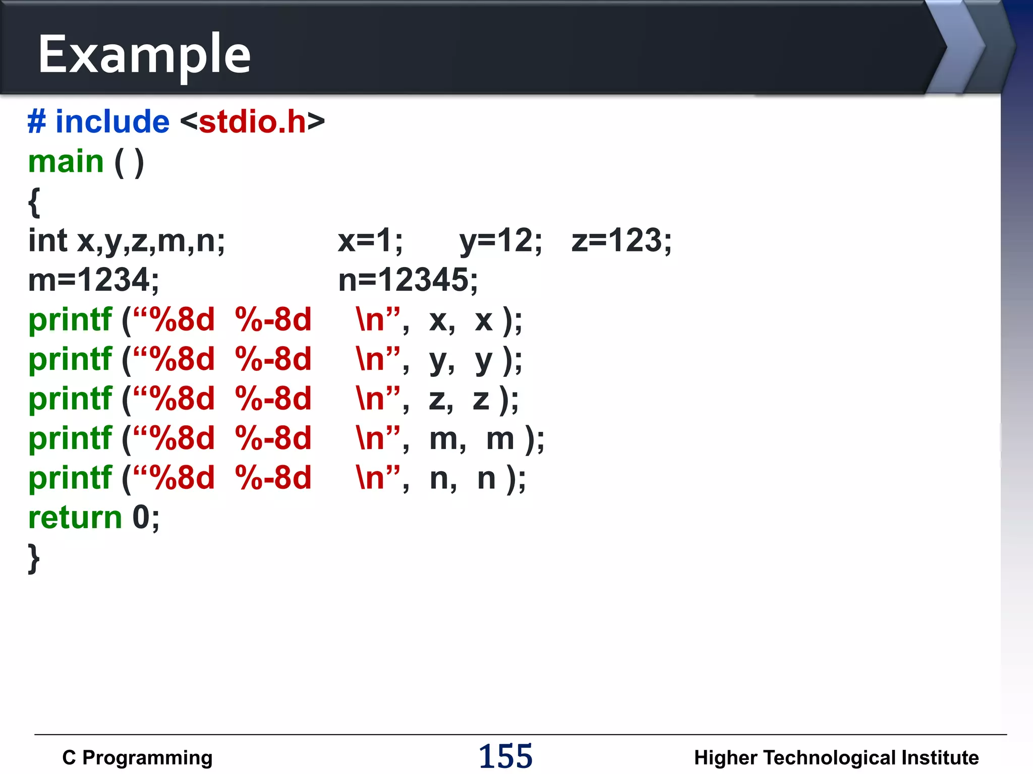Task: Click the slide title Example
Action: click(144, 54)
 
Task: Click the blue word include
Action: click(112, 122)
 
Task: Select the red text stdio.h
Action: click(252, 122)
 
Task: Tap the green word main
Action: click(66, 162)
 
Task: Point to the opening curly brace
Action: click(34, 203)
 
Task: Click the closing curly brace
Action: click(34, 558)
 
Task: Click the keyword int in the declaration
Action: click(47, 241)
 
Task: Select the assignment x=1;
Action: click(370, 241)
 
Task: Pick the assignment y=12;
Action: click(500, 241)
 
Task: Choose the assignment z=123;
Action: click(621, 241)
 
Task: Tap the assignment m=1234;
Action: click(94, 280)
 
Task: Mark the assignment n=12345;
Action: click(408, 280)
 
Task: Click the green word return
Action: click(75, 518)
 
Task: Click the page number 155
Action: click(505, 756)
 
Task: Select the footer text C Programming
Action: click(137, 758)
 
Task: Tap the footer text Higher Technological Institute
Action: click(836, 758)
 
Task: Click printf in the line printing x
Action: click(70, 320)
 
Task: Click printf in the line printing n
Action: click(70, 478)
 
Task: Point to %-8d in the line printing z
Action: click(273, 399)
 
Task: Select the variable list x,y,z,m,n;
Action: click(151, 241)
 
